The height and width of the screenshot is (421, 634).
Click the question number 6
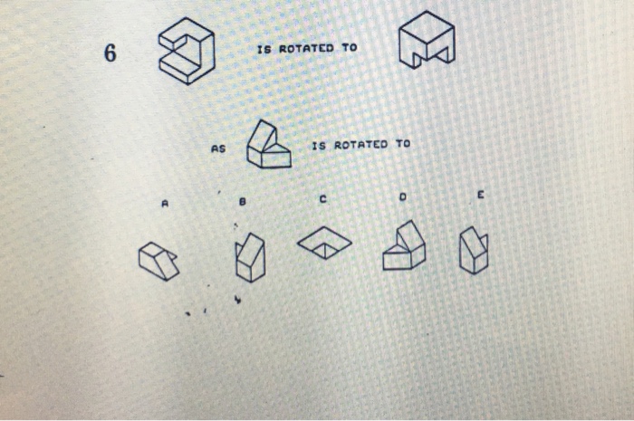tap(110, 53)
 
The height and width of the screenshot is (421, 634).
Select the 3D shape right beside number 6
tap(187, 53)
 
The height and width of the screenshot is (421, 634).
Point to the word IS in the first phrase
tap(264, 47)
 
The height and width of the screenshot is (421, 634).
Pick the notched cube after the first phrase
tap(427, 45)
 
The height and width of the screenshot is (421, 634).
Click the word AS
tap(217, 149)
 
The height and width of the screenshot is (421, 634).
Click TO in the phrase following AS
tap(402, 145)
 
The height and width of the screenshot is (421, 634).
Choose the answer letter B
tap(243, 203)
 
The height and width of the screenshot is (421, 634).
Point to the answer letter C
tap(322, 198)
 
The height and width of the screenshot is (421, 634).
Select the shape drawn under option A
tap(158, 261)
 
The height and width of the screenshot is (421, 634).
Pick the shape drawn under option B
tap(249, 257)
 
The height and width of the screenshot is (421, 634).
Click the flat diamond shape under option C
tap(325, 241)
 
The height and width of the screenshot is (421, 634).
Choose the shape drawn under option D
tap(404, 246)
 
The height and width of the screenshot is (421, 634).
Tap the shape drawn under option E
tap(474, 251)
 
